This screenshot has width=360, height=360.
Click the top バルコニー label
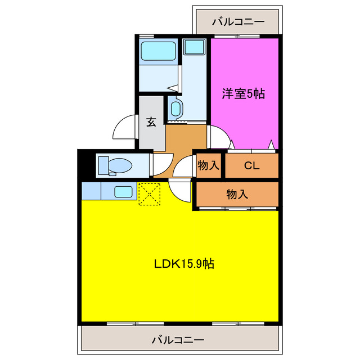pos(238,22)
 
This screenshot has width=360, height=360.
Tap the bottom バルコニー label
pos(178,340)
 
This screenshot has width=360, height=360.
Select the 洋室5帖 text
pos(243,94)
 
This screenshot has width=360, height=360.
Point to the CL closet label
pos(251,165)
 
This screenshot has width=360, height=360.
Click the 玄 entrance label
pos(151,122)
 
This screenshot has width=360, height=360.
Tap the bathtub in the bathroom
pos(158,51)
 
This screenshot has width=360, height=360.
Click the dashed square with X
pos(150,194)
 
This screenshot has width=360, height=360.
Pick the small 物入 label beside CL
pos(208,165)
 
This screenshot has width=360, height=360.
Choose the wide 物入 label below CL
pos(237,195)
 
